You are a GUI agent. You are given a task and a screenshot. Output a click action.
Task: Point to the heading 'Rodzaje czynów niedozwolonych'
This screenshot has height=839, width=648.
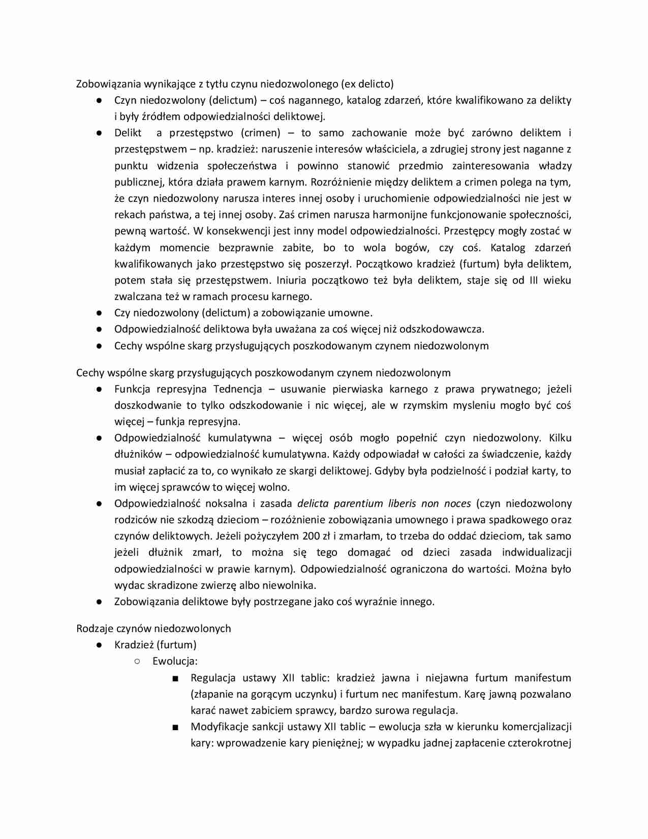point(153,628)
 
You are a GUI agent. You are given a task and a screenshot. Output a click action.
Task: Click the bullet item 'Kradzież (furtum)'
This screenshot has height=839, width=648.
point(155,645)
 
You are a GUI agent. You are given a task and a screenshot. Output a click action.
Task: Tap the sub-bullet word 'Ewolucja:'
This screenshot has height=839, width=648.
point(175,661)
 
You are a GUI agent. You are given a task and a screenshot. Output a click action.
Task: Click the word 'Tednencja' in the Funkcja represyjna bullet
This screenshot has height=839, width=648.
point(238,389)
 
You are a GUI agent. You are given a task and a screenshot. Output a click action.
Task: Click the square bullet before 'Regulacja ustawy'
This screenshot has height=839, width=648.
point(175,678)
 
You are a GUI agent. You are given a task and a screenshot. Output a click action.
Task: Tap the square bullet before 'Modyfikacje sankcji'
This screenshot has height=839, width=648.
point(175,727)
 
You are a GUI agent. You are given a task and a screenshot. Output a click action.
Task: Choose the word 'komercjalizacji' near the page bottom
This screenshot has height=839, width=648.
point(536,727)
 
